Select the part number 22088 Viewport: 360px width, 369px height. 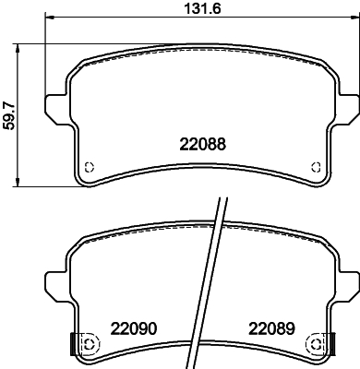[202, 144]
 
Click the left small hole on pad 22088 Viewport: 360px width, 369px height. [90, 167]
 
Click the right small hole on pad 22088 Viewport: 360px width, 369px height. [317, 167]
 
